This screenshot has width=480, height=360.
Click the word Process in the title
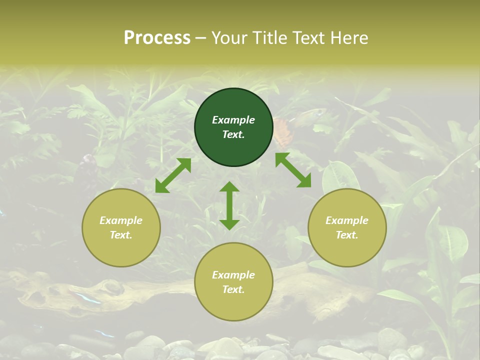157,38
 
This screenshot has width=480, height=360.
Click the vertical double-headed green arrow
229,205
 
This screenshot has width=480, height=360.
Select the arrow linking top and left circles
173,175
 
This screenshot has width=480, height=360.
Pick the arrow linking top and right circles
293,170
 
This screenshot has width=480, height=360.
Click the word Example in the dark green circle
233,120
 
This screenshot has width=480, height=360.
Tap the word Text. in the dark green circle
233,134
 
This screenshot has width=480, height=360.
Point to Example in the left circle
121,220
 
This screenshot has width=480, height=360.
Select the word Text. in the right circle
347,235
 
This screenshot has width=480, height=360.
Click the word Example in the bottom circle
233,275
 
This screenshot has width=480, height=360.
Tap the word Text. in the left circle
121,235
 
